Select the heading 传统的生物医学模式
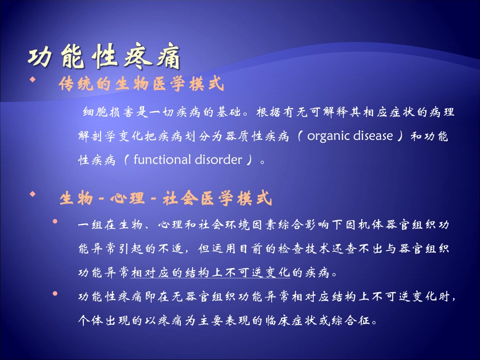coord(141,84)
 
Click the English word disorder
coord(218,160)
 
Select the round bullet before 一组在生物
coord(55,222)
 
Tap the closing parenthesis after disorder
coord(249,160)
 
